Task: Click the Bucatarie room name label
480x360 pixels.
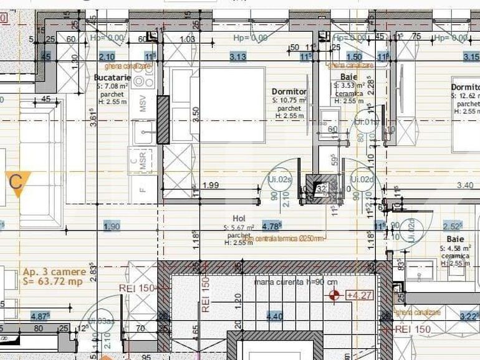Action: coord(112,77)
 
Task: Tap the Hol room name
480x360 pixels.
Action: coord(239,219)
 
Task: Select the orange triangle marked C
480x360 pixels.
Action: coord(17,183)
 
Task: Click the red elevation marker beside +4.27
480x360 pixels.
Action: coord(335,294)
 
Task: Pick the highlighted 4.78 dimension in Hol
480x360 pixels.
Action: coord(272,226)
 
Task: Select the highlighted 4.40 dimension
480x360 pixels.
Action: coord(274,316)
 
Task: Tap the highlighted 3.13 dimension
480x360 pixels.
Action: coord(238,57)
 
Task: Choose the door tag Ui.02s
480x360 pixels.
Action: coord(281,179)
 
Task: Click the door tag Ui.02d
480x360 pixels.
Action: coord(362,179)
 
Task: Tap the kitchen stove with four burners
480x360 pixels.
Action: coord(143,77)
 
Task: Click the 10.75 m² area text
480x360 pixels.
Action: coord(289,100)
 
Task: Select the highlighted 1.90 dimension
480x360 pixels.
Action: coord(112,226)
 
